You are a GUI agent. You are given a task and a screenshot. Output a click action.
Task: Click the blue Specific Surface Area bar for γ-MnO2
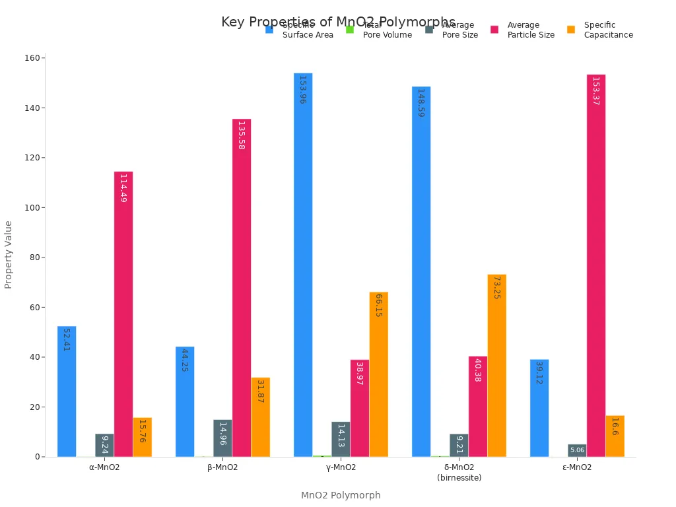point(303,264)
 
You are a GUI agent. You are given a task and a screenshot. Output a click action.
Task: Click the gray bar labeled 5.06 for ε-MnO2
point(577,450)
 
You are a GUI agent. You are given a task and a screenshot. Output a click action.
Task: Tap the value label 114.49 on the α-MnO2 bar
point(123,188)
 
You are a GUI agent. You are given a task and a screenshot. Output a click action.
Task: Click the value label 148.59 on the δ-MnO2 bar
point(421,103)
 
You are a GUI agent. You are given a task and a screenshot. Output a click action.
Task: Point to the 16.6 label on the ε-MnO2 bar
point(614,426)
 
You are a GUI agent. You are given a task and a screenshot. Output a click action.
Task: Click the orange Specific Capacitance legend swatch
point(571,30)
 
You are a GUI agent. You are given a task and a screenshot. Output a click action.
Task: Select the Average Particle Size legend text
point(531,30)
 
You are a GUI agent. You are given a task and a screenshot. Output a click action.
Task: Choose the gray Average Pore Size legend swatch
point(429,30)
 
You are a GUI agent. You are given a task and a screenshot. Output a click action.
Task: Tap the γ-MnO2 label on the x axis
point(341,467)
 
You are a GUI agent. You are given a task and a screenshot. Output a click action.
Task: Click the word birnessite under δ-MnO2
point(459,478)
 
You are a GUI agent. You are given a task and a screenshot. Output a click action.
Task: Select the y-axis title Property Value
point(9,254)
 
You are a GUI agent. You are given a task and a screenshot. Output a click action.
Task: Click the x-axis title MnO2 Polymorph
point(341,495)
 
